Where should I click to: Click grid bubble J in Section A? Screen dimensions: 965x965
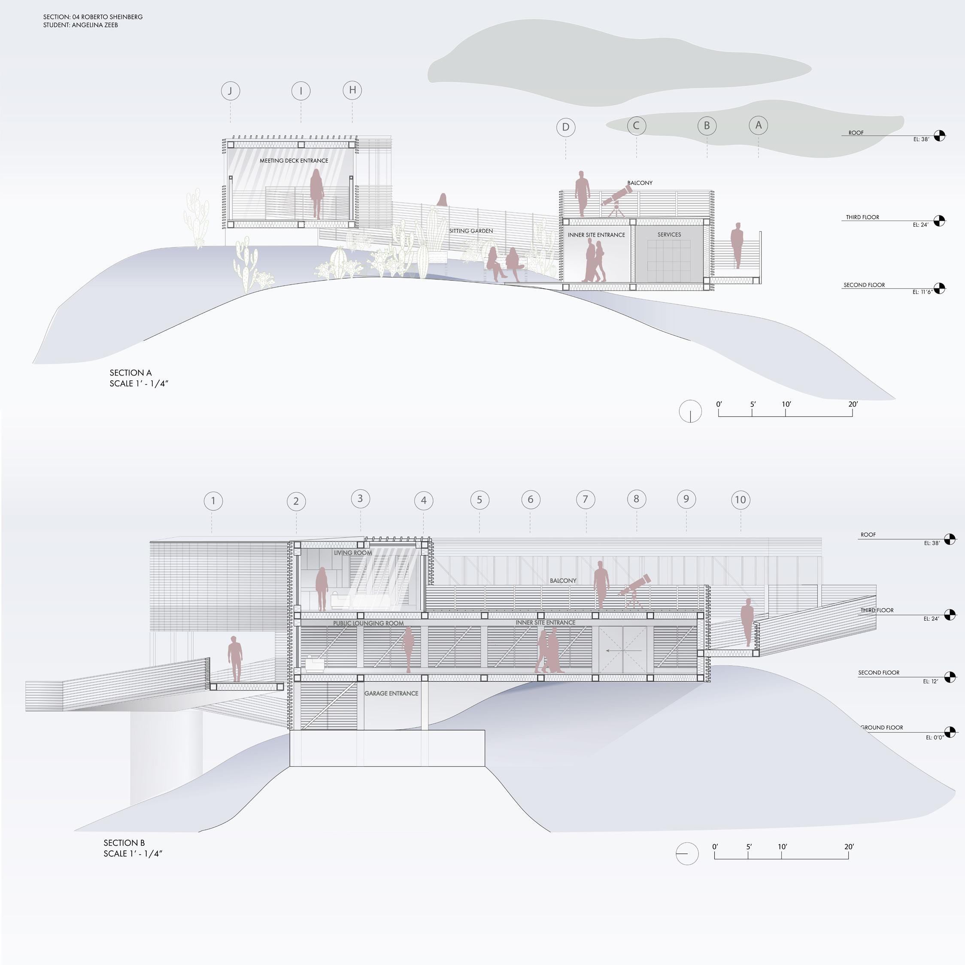[x=230, y=91]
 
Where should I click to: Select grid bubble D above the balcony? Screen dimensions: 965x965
[x=565, y=127]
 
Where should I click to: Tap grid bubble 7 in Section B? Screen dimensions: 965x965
[x=586, y=499]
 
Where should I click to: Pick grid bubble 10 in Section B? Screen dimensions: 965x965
[x=740, y=500]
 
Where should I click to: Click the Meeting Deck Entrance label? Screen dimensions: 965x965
[x=294, y=161]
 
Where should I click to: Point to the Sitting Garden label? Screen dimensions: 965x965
[x=470, y=231]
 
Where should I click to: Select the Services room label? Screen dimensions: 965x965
[x=669, y=234]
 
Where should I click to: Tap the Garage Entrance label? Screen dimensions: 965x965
[x=391, y=693]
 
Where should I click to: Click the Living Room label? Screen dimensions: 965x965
[x=352, y=553]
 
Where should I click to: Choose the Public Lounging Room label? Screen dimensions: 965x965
[x=368, y=623]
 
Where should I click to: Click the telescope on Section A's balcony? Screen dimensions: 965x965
[x=617, y=198]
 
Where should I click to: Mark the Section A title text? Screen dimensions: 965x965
[x=130, y=373]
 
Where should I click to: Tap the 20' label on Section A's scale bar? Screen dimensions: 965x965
[x=853, y=404]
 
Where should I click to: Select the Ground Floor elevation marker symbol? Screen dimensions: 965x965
[x=950, y=732]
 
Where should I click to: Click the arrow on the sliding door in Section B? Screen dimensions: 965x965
[x=616, y=650]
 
